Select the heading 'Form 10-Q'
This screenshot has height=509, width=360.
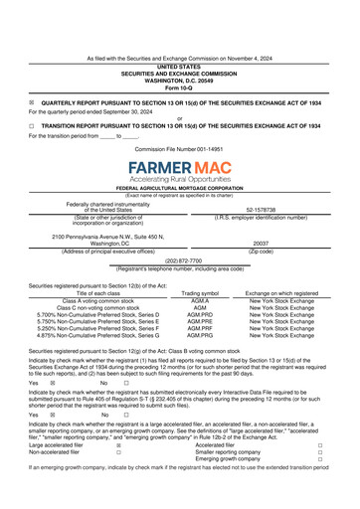click(179, 87)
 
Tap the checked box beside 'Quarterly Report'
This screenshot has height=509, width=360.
click(32, 102)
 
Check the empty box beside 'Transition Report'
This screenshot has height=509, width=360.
click(32, 126)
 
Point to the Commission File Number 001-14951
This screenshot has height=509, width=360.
click(179, 148)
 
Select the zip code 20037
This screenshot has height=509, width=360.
click(261, 242)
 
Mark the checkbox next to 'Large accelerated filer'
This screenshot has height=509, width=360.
click(118, 446)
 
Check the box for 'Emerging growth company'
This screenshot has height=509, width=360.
click(319, 460)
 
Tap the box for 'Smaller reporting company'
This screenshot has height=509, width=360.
click(319, 453)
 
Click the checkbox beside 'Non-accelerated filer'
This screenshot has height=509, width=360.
click(118, 453)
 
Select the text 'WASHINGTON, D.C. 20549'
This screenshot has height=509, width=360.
click(179, 81)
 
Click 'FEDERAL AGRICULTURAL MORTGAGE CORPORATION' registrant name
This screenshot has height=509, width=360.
click(180, 188)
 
